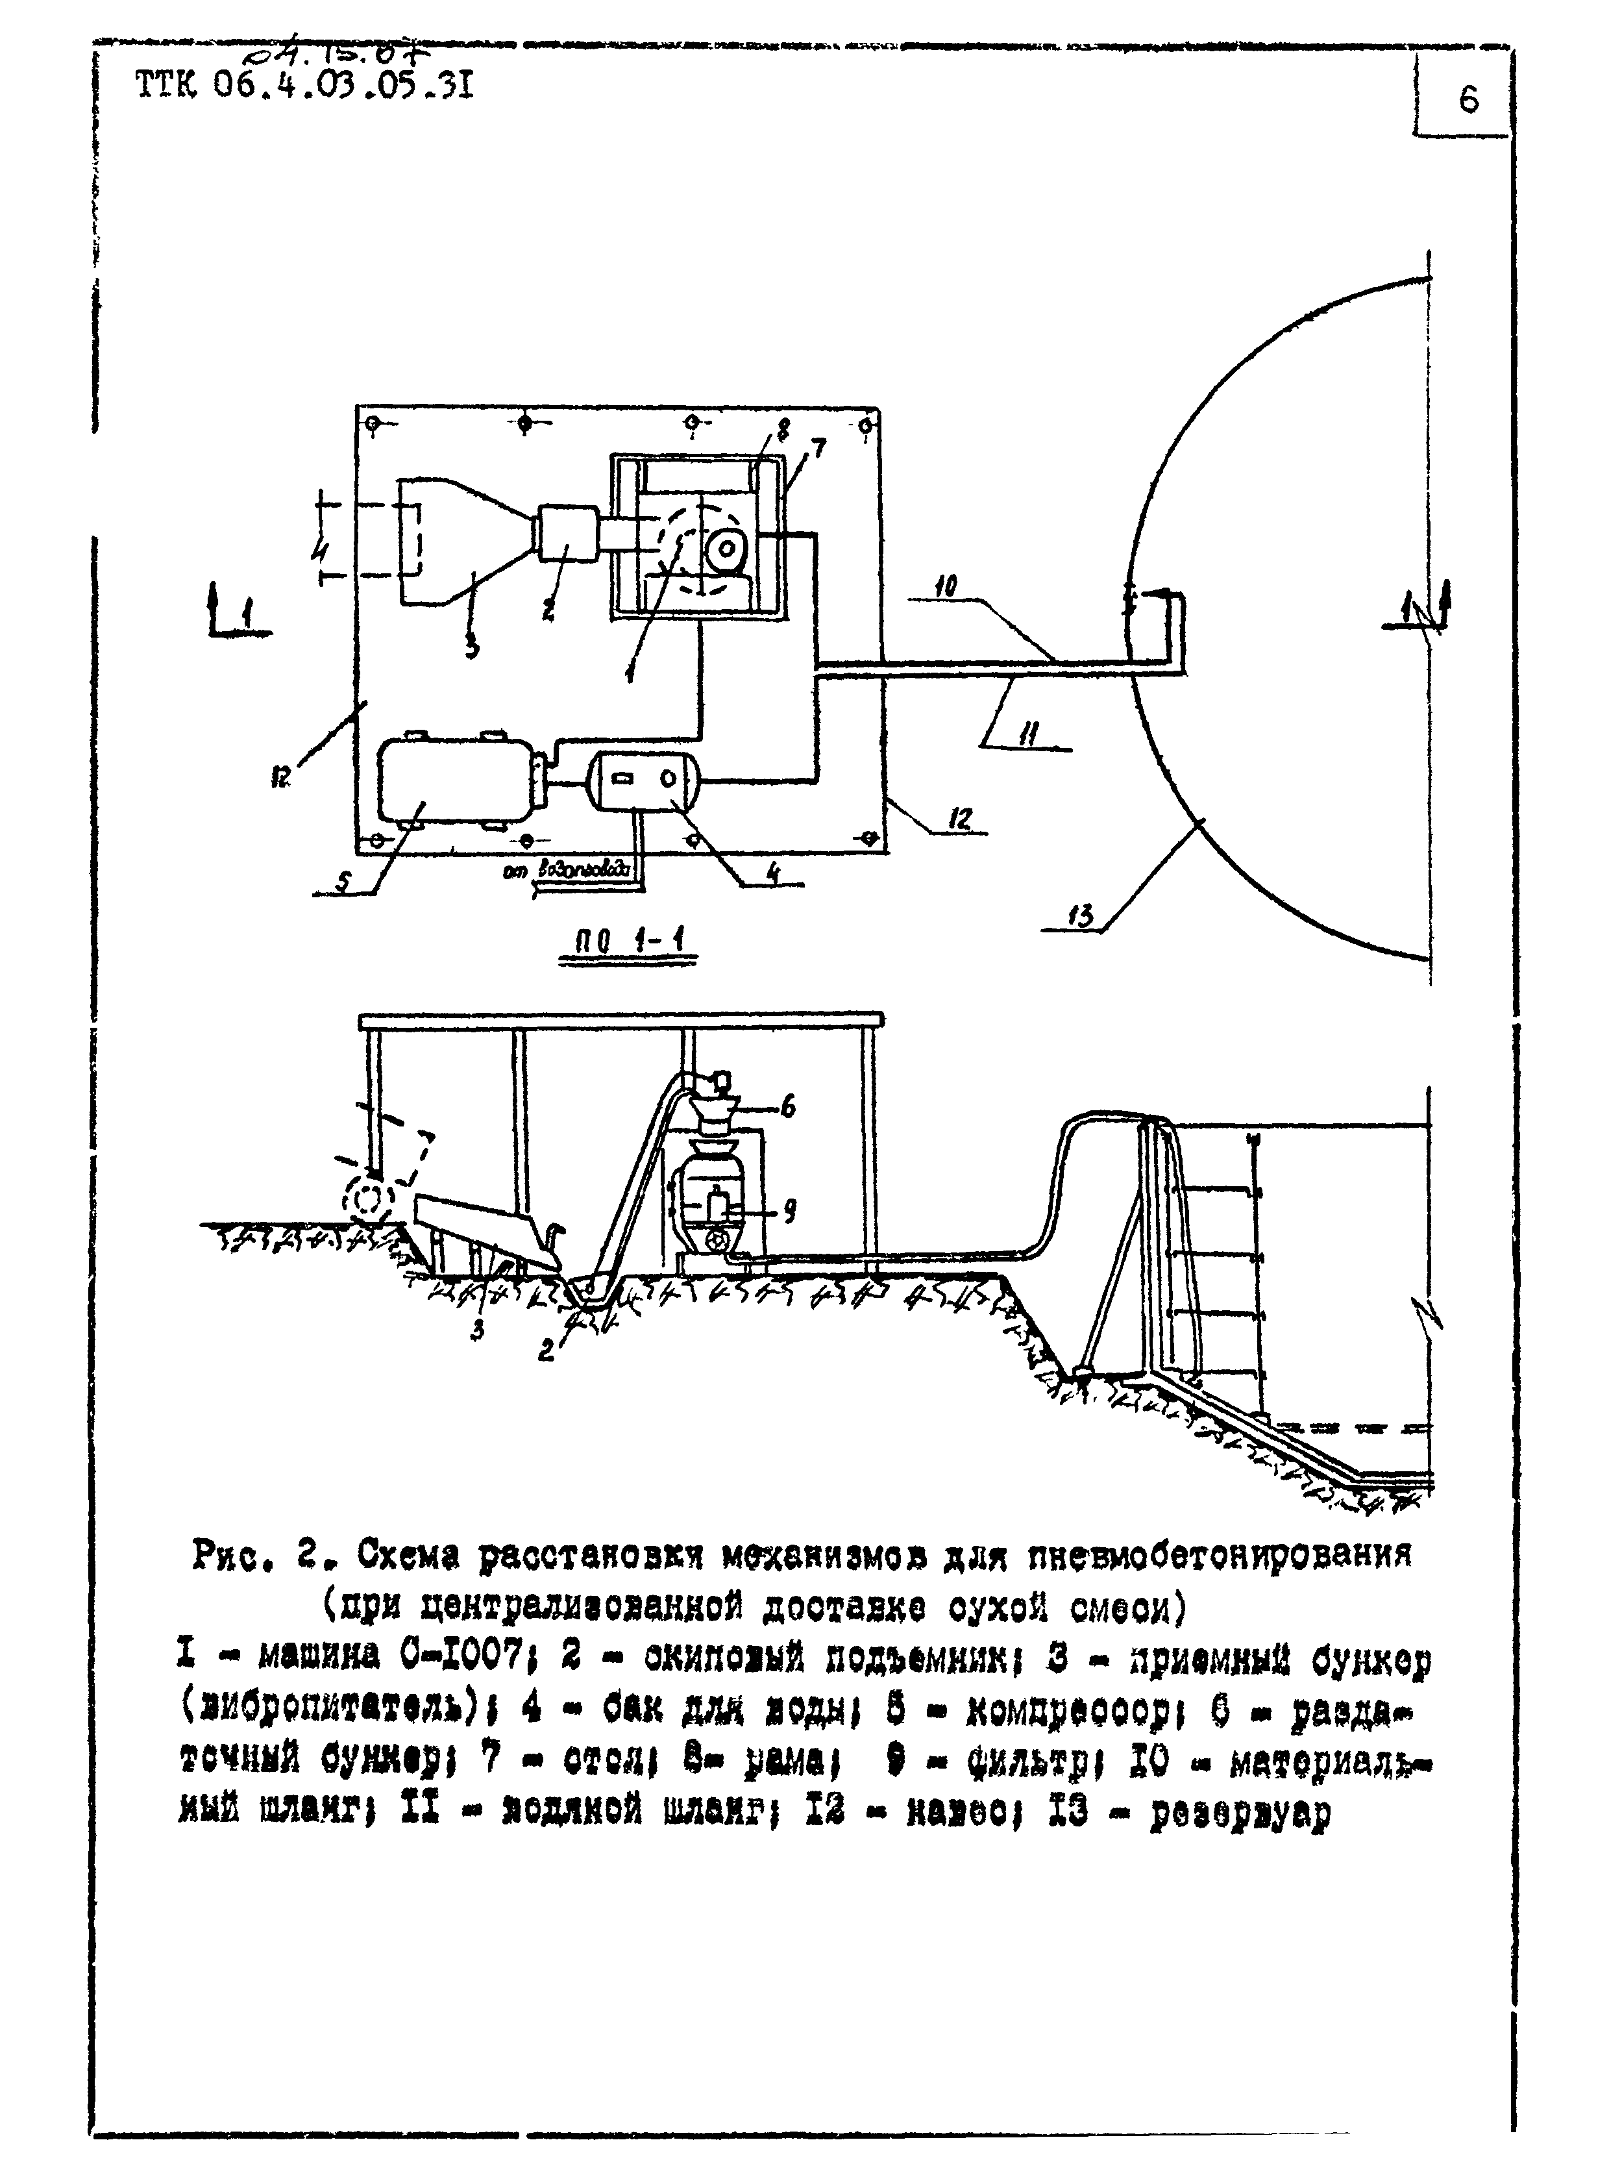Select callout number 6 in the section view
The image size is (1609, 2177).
click(x=788, y=1106)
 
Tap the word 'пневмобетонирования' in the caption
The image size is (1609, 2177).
click(x=1220, y=1556)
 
